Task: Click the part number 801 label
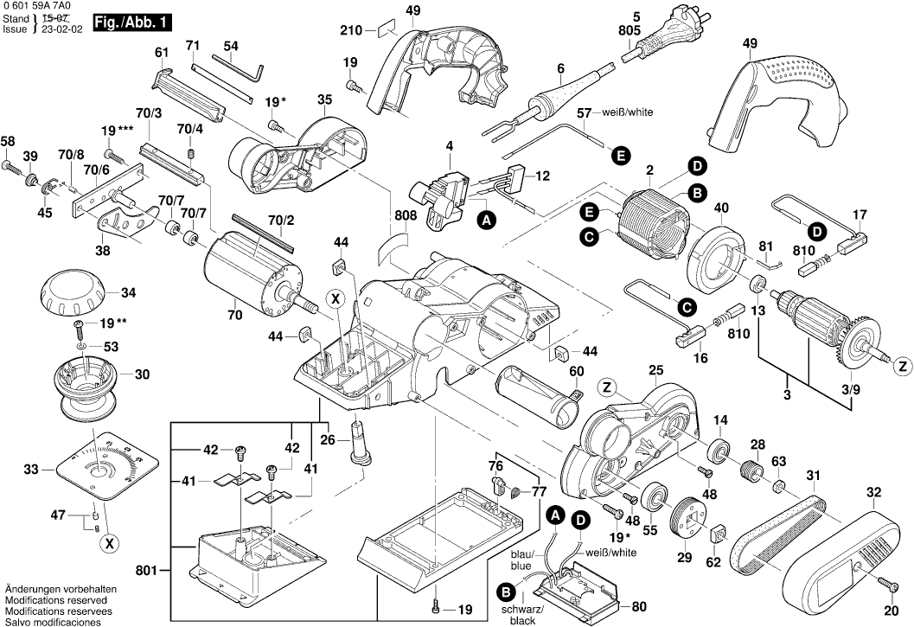tap(148, 570)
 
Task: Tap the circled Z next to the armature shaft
tap(899, 363)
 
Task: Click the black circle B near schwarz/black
tap(506, 592)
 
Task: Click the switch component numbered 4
tap(442, 198)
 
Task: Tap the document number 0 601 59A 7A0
tap(41, 6)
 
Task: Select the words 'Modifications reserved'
tap(55, 599)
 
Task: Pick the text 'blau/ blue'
tap(521, 560)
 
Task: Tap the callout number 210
tap(350, 30)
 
